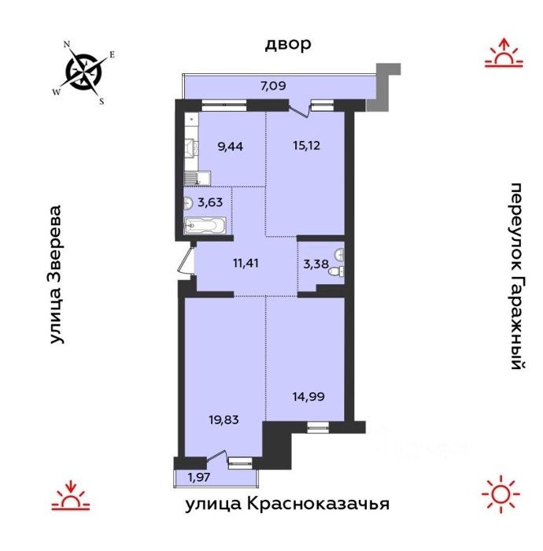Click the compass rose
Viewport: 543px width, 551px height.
(x=84, y=72)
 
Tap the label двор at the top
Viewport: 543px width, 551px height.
(x=288, y=44)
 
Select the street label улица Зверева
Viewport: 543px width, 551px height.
(x=56, y=275)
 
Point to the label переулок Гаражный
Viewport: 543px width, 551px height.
(x=519, y=276)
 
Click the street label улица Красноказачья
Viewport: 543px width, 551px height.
(x=287, y=504)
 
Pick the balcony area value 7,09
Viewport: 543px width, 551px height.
(x=273, y=86)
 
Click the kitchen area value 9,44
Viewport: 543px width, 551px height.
(x=230, y=146)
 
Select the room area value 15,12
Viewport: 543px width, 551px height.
(x=307, y=145)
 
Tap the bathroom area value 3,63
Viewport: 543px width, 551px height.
(x=210, y=202)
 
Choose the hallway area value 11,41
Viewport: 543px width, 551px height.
(x=246, y=263)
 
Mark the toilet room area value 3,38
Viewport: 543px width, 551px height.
(x=316, y=264)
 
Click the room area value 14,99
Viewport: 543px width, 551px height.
(x=308, y=397)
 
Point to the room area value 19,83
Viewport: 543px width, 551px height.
(x=223, y=420)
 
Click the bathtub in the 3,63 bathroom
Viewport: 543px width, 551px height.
(x=205, y=226)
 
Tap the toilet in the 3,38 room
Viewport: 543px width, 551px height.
(x=336, y=272)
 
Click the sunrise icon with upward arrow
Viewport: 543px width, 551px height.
(x=504, y=53)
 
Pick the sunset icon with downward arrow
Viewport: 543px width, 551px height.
(x=71, y=495)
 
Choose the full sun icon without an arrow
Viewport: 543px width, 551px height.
(x=501, y=494)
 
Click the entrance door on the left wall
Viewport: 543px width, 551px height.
(x=187, y=260)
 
